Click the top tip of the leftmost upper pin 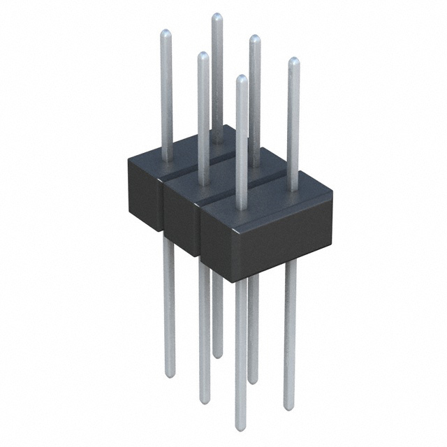pyautogui.click(x=166, y=32)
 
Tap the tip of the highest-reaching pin pyautogui.click(x=217, y=15)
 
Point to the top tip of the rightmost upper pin pyautogui.click(x=293, y=61)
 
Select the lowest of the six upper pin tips pyautogui.click(x=241, y=78)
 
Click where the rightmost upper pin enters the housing pyautogui.click(x=292, y=187)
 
